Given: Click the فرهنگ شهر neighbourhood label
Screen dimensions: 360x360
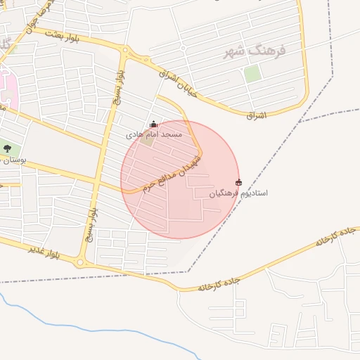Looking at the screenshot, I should point(255,51).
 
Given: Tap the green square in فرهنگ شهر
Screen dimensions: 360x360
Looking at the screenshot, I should point(252,73).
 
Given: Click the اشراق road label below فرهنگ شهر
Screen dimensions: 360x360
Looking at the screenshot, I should point(257,114).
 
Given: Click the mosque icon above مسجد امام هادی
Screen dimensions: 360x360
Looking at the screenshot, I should point(154,124).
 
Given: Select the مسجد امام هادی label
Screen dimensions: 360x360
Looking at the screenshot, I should point(154,134).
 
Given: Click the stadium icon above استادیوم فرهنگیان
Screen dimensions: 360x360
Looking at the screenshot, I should point(238,182).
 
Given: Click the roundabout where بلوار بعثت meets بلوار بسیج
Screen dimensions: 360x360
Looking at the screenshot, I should point(125,51).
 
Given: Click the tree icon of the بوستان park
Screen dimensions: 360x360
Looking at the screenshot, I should point(8,148).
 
